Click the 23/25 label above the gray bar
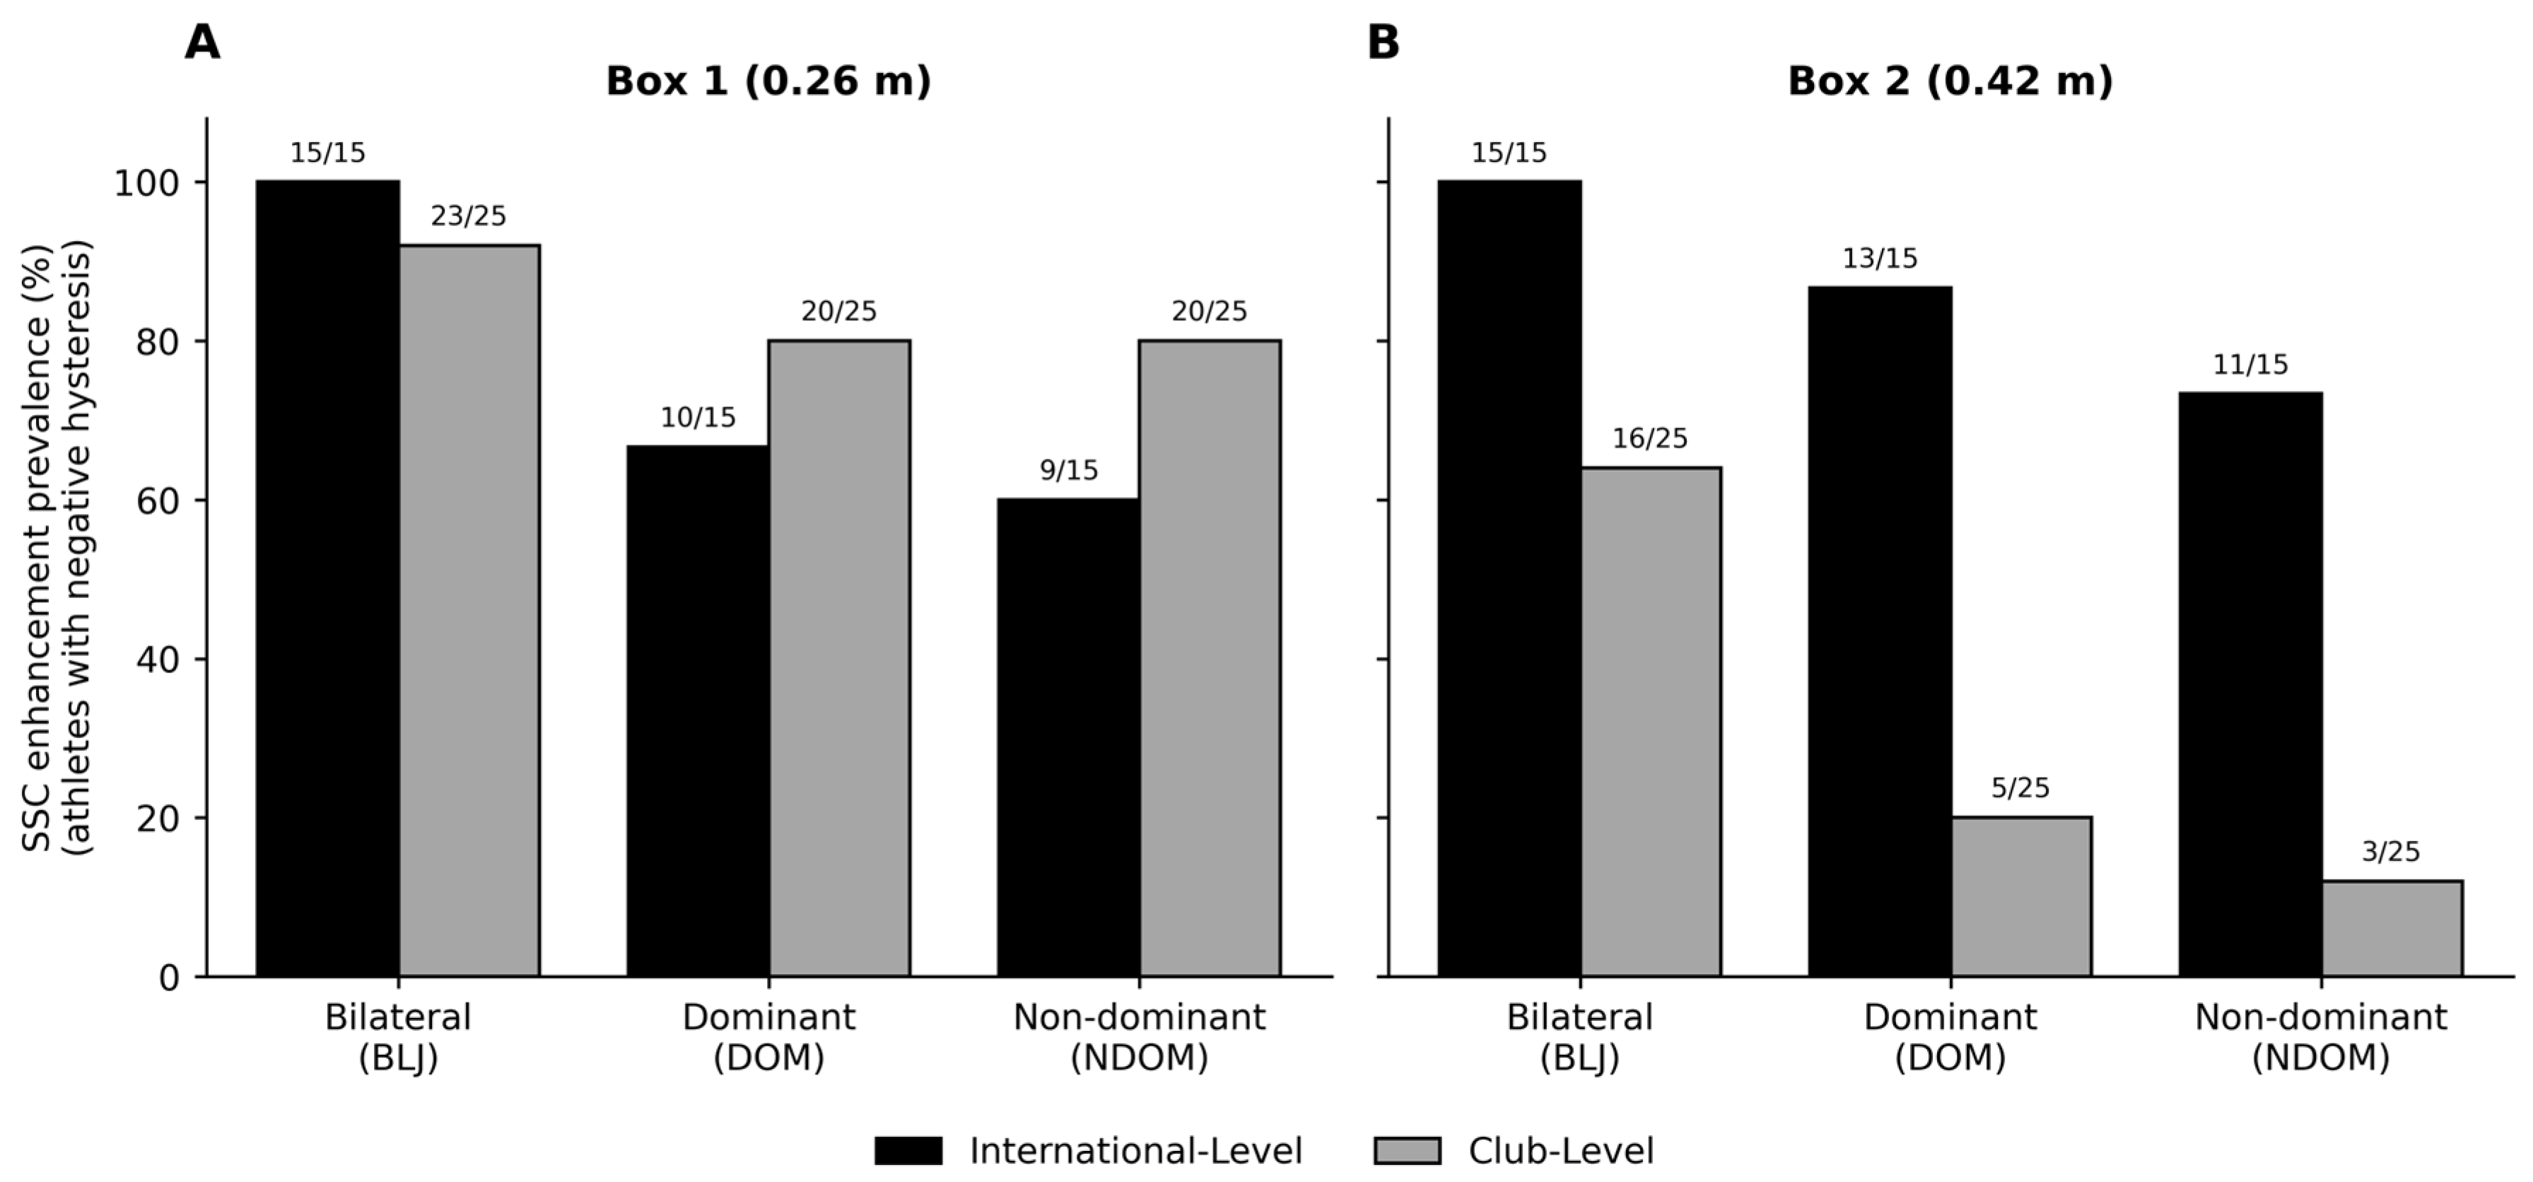[468, 216]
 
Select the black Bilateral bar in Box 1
[327, 578]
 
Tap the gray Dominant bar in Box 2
[2020, 897]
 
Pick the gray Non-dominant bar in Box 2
[2392, 928]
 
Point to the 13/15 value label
[1879, 259]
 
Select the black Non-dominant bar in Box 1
[1068, 737]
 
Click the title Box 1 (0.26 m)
[768, 81]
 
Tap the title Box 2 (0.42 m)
[1950, 81]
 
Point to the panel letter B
[1383, 43]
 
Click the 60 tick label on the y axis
[158, 501]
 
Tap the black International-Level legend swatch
[908, 1150]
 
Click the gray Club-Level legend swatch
[1407, 1150]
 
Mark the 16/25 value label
[1650, 438]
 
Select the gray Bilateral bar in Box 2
[1650, 722]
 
